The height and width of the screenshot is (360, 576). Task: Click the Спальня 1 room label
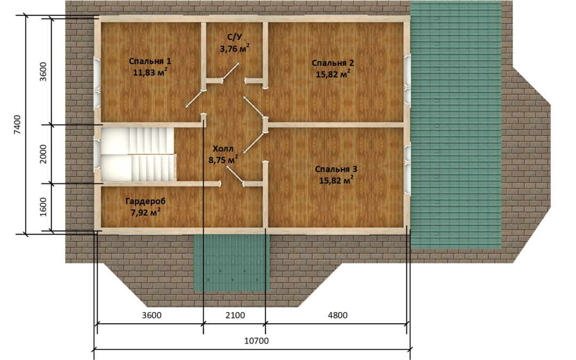[150, 61]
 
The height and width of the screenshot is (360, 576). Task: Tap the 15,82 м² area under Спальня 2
[333, 74]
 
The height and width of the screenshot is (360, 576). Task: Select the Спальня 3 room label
[336, 170]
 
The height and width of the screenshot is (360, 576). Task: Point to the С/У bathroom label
[234, 37]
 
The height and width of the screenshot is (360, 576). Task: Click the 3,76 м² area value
[235, 48]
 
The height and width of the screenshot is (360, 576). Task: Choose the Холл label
[223, 149]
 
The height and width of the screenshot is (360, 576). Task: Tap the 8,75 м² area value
[223, 160]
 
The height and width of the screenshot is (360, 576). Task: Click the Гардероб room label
[146, 201]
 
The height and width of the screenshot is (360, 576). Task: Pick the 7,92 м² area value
[146, 212]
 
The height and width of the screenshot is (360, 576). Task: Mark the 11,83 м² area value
[150, 73]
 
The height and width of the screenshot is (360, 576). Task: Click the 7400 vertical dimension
[18, 125]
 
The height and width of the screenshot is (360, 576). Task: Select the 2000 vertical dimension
[43, 154]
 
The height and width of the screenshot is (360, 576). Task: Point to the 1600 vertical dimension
[43, 207]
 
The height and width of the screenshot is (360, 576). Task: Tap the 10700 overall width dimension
[257, 340]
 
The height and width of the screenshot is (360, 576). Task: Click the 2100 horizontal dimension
[235, 315]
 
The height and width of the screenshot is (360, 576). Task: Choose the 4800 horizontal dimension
[337, 315]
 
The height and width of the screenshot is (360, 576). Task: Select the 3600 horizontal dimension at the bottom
[151, 315]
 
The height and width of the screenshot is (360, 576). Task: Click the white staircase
[138, 154]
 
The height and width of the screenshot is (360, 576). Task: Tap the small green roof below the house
[231, 262]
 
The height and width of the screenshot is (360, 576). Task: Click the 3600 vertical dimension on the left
[43, 72]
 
